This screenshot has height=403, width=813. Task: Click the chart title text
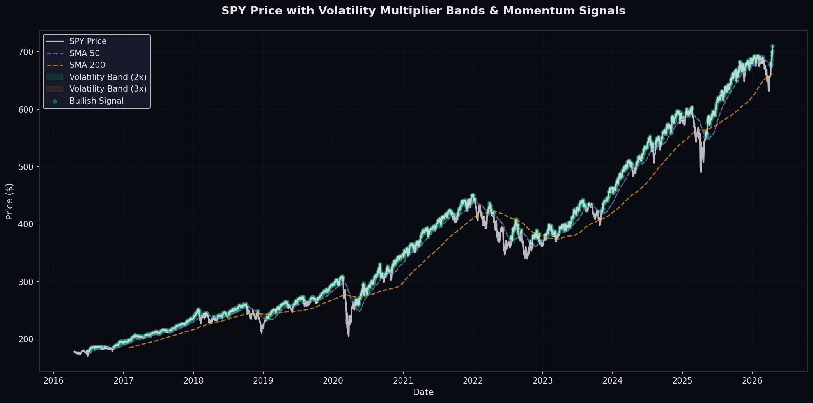423,11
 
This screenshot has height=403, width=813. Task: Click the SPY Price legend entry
88,41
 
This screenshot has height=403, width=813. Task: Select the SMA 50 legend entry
84,53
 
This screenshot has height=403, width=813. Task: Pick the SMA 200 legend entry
87,65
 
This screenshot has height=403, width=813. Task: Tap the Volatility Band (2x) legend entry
108,77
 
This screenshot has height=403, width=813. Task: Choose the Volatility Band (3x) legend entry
108,89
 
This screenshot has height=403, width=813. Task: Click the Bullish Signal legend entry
96,101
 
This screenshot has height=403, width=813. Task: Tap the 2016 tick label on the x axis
53,380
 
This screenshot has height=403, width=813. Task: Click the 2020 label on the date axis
333,380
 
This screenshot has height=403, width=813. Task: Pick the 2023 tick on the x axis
542,380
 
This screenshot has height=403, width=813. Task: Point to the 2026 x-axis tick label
752,380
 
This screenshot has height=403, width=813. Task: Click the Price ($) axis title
10,201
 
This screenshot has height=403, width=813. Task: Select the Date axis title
423,392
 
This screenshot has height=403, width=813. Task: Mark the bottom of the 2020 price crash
349,336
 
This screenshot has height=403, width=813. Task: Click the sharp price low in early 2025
701,171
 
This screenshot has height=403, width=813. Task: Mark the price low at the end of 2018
262,333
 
